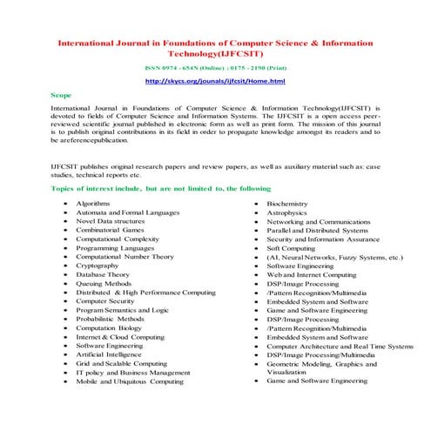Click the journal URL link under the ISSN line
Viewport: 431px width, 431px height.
[215, 81]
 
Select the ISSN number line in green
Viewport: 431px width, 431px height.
[215, 66]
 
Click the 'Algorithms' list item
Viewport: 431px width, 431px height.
[92, 203]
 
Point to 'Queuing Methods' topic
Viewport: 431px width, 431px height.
[104, 283]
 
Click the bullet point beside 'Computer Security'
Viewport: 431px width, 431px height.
[66, 301]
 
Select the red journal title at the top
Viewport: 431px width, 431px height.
[215, 46]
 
